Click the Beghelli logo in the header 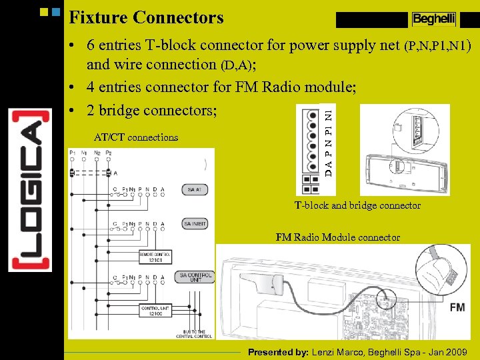click(433, 19)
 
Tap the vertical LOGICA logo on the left click(30, 189)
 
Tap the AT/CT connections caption click(136, 137)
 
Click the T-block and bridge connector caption click(357, 205)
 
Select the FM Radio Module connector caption click(338, 237)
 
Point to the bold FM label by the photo click(457, 307)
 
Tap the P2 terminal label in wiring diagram click(107, 153)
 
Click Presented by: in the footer click(278, 351)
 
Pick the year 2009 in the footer click(456, 351)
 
